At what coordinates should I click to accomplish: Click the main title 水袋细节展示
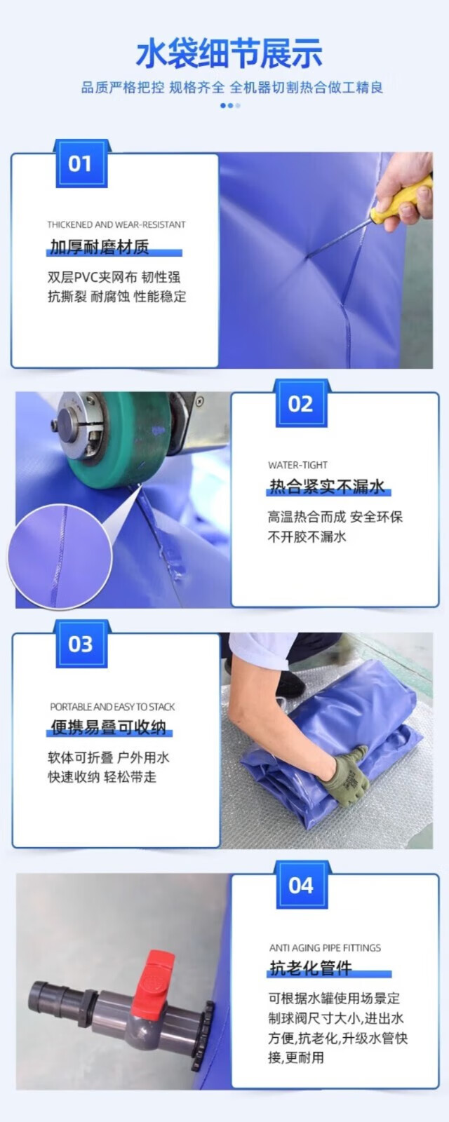tap(229, 53)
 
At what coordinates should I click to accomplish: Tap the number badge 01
tap(81, 164)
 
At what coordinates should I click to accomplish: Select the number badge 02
tap(301, 404)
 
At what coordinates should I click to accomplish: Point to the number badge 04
tap(301, 885)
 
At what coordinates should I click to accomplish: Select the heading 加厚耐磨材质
tap(99, 247)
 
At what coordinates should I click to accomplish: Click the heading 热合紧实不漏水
tap(327, 487)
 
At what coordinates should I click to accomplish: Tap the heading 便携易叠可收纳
tap(108, 727)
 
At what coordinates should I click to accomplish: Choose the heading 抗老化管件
tap(311, 968)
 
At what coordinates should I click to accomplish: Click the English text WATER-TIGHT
tap(297, 465)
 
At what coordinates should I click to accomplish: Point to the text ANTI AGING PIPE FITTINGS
tap(325, 947)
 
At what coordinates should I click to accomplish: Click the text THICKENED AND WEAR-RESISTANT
tap(116, 224)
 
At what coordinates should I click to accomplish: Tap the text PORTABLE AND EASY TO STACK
tap(112, 707)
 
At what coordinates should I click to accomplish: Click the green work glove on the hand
tap(346, 776)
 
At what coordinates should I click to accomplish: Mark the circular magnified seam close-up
tap(60, 557)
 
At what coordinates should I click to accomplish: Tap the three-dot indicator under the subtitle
tap(230, 106)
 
